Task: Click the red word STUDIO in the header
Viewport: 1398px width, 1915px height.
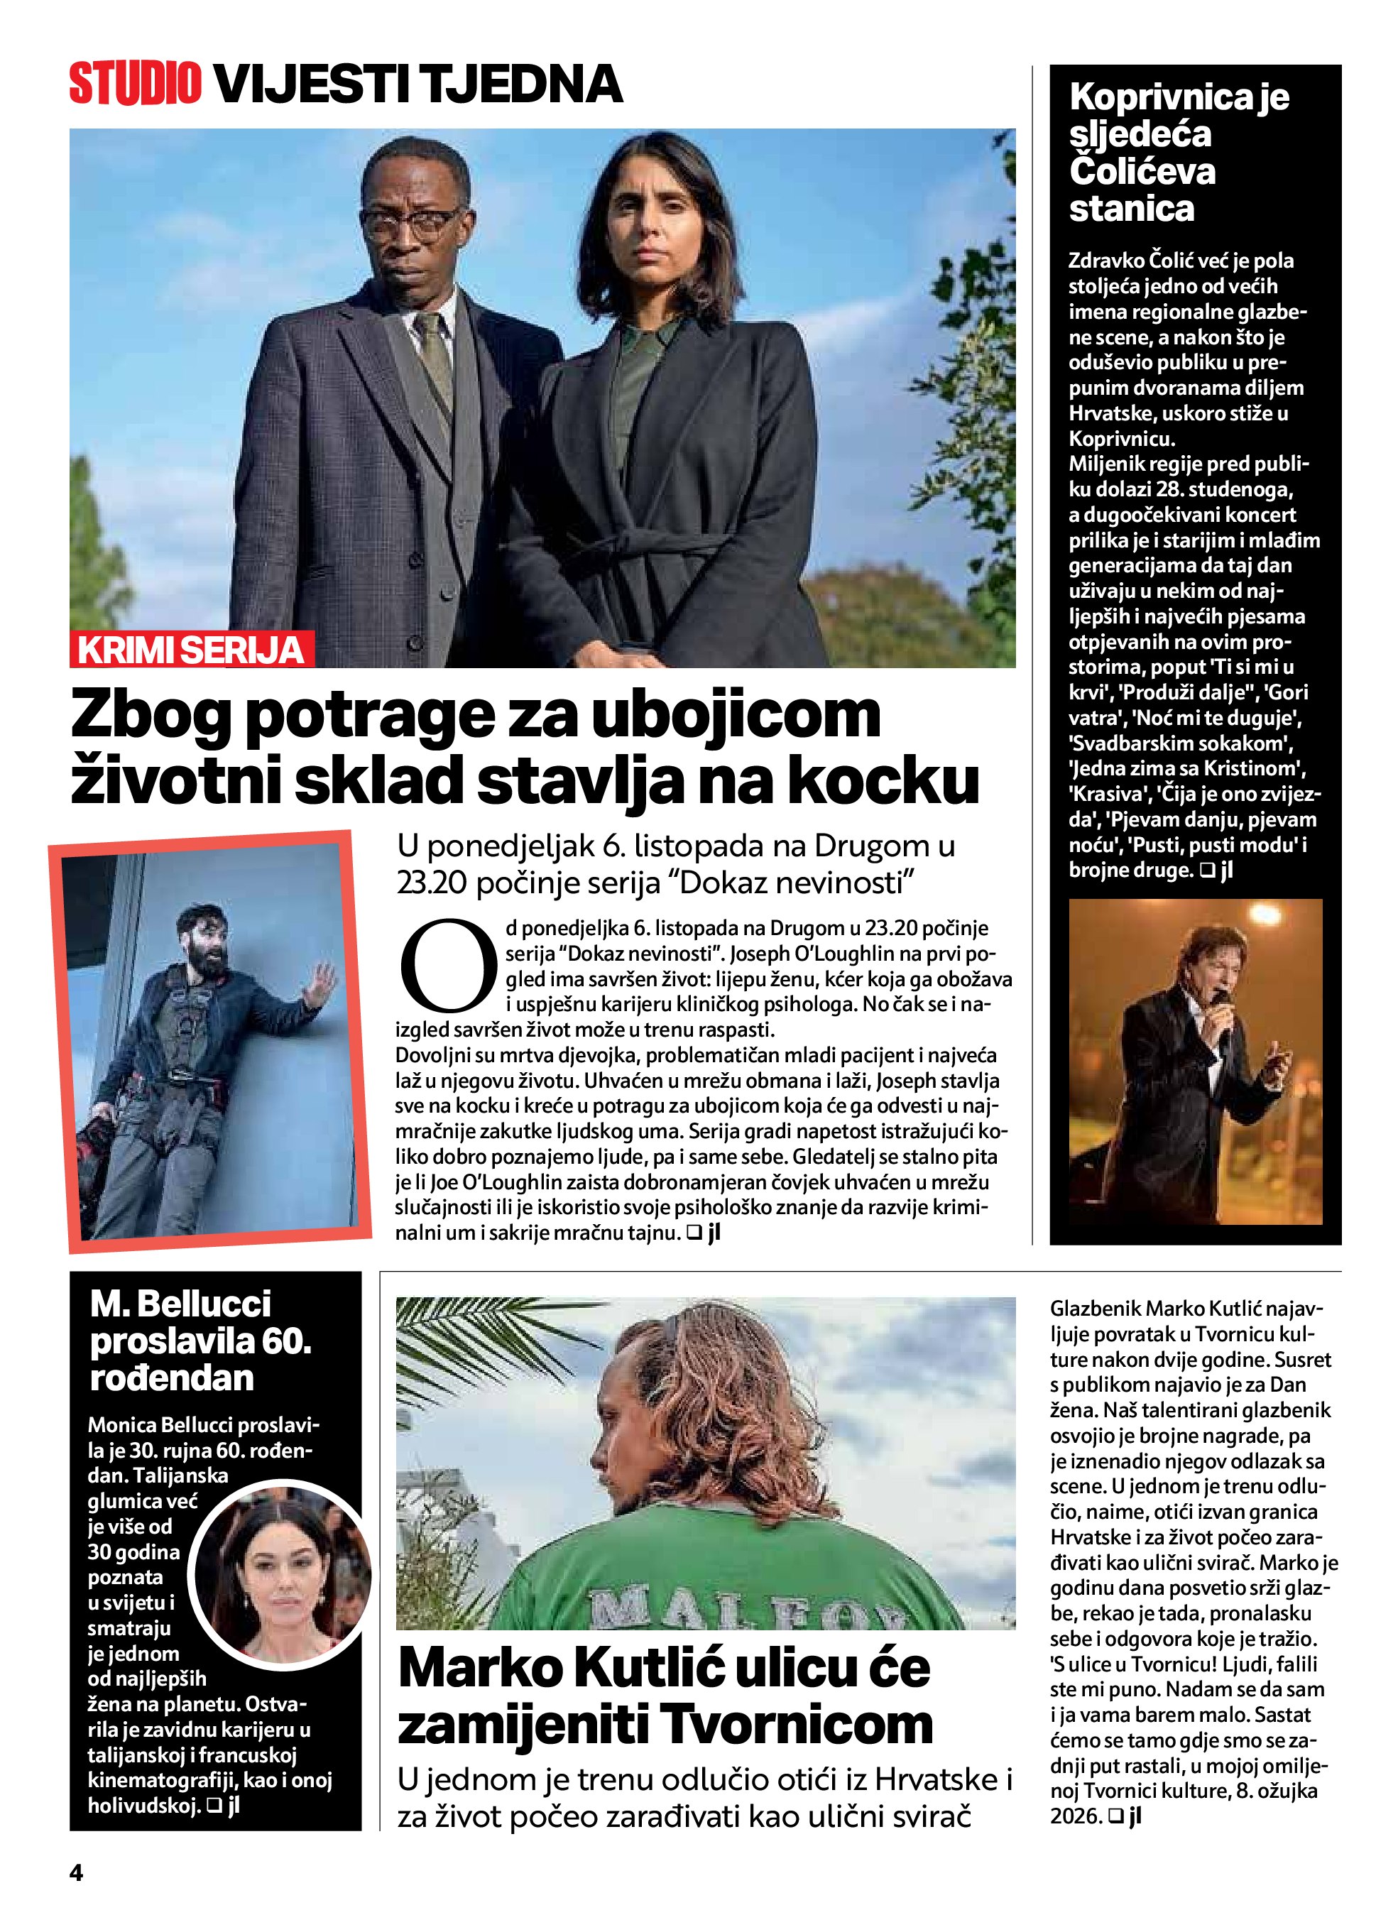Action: point(136,84)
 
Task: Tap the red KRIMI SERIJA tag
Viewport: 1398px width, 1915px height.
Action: point(191,650)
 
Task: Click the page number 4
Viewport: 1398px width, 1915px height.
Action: point(76,1872)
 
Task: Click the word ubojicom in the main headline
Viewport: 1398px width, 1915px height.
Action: point(736,716)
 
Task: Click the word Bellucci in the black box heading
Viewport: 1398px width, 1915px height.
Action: point(204,1303)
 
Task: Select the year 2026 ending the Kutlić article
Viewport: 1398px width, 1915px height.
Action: point(1074,1816)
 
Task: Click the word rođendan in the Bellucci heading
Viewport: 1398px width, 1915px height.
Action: point(172,1377)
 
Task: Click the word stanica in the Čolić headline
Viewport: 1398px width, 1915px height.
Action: point(1132,209)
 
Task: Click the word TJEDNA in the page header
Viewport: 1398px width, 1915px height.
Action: point(521,84)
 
